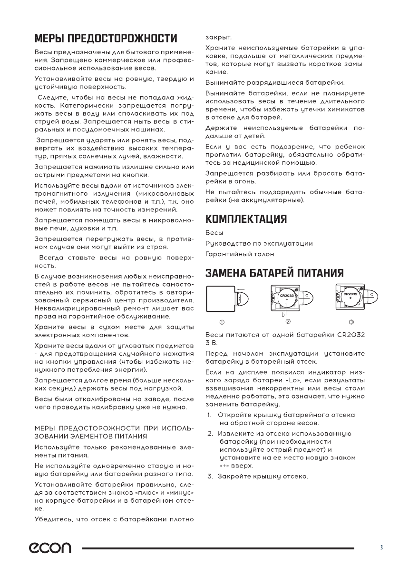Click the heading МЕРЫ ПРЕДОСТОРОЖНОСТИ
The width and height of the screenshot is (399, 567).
tap(106, 38)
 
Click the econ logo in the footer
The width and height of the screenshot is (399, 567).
tap(52, 548)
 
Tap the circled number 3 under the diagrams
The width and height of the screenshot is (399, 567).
tap(351, 322)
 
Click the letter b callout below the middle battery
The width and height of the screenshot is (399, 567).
tap(283, 315)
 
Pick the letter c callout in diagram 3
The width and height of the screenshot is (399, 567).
tap(371, 296)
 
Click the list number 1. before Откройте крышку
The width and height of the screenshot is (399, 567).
tap(209, 415)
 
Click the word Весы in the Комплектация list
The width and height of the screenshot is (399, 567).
tap(213, 233)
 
